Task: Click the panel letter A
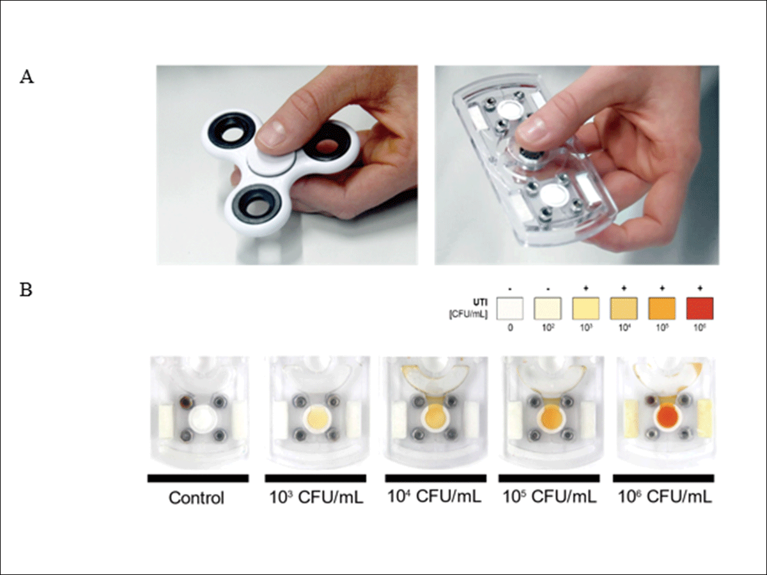click(27, 77)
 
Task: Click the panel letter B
click(27, 289)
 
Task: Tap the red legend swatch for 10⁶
click(699, 308)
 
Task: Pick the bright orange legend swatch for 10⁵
click(662, 308)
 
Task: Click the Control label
click(196, 498)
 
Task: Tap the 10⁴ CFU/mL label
click(434, 496)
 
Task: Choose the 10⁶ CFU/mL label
click(663, 496)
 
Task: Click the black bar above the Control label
click(198, 477)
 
